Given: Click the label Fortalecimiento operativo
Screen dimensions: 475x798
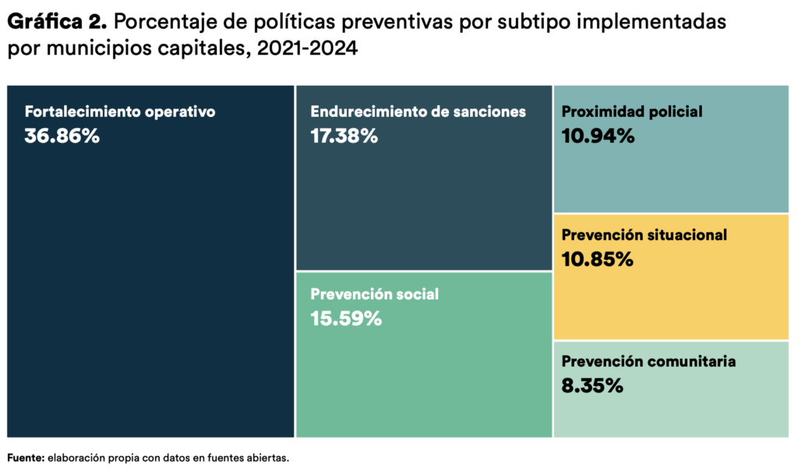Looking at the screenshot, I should point(119,112).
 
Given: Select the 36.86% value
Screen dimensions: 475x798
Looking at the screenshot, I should point(62,136).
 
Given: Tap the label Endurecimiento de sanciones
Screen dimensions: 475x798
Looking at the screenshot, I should point(418,112).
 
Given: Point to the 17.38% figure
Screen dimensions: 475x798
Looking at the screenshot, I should point(344,136).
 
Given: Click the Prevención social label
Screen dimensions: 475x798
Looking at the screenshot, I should point(374,294).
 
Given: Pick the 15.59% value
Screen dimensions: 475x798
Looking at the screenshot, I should point(345,318).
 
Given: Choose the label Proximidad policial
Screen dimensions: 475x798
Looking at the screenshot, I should point(631,112).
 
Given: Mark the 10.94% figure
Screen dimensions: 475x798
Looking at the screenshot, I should point(598,136).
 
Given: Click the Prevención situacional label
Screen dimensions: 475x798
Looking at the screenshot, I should point(644,235).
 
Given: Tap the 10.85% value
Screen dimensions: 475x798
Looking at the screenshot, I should point(597,259).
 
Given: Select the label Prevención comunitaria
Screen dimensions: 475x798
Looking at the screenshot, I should point(648,361).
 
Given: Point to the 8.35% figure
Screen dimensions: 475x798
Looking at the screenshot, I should point(592,385).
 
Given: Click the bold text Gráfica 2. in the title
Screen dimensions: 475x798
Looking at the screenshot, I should point(57,22).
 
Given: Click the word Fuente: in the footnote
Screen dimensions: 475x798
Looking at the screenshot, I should point(25,458).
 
